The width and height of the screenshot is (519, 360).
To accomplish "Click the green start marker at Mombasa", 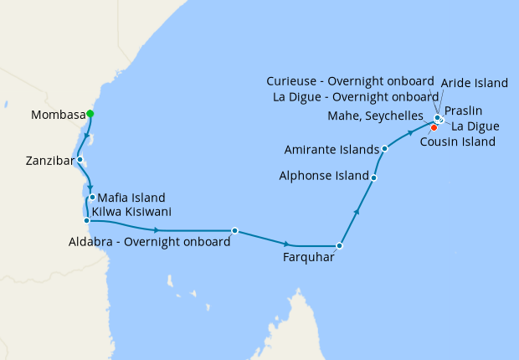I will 90,114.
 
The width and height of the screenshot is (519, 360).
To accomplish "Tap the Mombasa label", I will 58,115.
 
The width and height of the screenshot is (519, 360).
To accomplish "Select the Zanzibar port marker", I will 80,159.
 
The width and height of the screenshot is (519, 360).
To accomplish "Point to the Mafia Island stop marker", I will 92,198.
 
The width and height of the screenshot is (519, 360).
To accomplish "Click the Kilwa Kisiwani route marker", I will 86,221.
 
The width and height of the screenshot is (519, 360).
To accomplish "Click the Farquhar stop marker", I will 339,246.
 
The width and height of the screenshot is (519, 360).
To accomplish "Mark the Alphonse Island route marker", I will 373,177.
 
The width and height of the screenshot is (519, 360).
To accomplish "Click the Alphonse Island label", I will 324,177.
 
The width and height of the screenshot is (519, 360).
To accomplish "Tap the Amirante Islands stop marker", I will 384,149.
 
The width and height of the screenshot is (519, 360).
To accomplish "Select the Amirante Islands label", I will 331,149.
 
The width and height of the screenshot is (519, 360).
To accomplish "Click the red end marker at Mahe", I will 434,127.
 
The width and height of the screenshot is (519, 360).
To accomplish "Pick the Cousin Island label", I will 459,141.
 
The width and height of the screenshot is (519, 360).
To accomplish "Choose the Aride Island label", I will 475,83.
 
